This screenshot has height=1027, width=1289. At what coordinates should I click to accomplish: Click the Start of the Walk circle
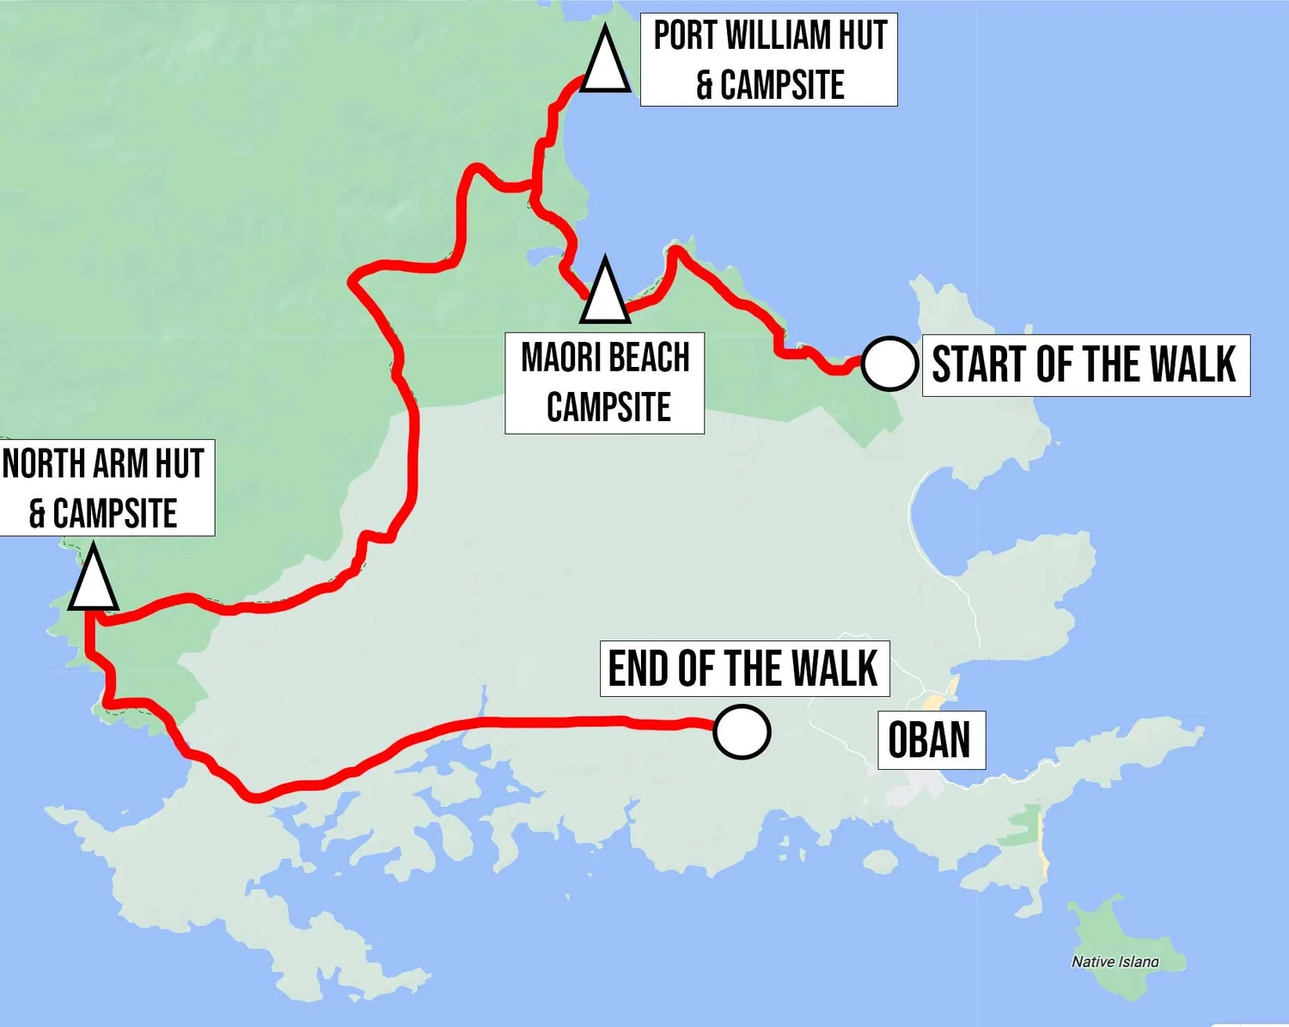point(889,364)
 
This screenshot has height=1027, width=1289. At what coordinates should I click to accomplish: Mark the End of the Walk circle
point(742,732)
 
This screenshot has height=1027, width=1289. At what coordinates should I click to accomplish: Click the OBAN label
point(929,740)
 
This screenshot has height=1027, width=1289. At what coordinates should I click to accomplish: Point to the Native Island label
point(1115,962)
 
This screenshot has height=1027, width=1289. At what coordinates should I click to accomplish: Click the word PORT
point(685,36)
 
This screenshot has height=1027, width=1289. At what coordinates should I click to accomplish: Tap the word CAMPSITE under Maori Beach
point(608,407)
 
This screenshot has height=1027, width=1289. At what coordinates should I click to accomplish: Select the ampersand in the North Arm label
point(37,514)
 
